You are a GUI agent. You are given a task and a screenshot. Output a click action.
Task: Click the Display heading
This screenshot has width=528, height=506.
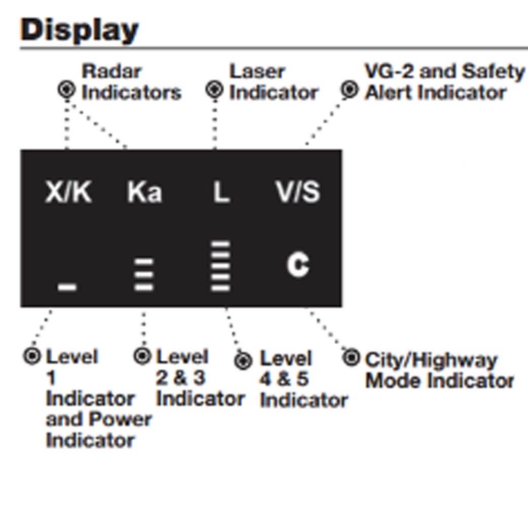coord(80,30)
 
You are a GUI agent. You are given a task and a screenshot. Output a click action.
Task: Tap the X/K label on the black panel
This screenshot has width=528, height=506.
coord(68,192)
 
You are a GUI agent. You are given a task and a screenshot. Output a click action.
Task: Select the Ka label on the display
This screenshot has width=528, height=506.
coord(144,192)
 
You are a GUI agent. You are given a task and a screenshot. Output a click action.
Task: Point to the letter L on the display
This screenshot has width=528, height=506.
coord(221,192)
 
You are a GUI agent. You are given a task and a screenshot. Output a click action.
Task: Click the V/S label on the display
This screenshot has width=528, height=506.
coord(298,192)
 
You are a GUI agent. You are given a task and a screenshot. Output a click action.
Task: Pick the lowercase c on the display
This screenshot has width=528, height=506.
coord(298,265)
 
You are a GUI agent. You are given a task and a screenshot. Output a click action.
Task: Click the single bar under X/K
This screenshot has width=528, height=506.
coord(67,287)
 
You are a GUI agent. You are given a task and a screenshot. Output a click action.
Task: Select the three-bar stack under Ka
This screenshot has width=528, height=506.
coord(144,274)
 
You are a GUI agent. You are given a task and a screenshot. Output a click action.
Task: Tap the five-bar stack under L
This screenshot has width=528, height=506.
coord(220,266)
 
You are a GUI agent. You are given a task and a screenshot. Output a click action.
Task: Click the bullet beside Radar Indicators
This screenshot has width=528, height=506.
coord(66,90)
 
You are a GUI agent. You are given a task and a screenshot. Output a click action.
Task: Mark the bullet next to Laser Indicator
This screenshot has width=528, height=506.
coord(214,90)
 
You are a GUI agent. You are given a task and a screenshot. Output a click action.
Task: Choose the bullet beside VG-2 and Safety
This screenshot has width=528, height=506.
coord(349,90)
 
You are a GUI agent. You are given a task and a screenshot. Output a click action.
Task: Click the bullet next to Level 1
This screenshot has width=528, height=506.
coord(32,356)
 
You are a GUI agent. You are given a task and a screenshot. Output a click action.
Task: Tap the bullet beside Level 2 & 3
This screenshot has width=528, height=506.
coord(142,356)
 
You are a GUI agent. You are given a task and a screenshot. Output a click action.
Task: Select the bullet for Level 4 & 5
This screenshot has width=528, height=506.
coord(243,361)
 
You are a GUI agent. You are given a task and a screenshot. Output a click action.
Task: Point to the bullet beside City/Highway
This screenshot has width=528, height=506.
coord(351,357)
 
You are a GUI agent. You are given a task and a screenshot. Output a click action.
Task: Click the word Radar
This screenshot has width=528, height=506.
coord(112,72)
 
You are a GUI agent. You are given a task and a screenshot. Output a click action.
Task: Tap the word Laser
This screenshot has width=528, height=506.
coord(257,72)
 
